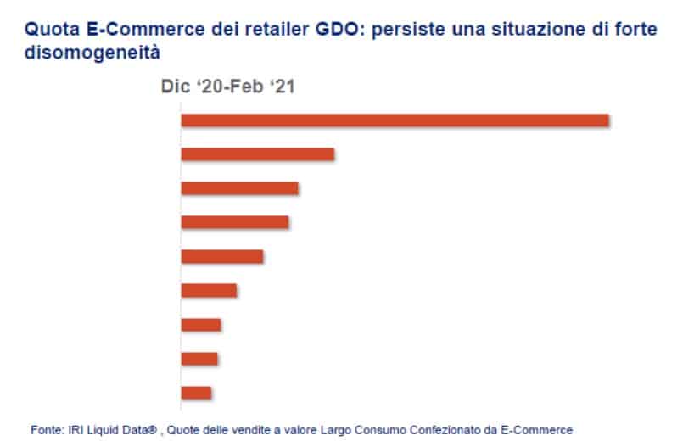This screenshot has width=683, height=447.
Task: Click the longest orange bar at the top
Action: click(395, 120)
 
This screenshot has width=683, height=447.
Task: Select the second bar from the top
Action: click(258, 154)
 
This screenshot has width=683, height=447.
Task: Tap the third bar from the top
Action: click(239, 188)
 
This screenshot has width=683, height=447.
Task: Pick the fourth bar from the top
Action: click(235, 222)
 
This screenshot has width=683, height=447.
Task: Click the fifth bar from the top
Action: click(222, 256)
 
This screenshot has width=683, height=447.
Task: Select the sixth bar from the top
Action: click(209, 290)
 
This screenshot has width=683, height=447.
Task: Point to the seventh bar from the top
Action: click(201, 325)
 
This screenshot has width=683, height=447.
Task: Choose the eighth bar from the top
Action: click(199, 359)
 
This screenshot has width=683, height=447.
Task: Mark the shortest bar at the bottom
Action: click(196, 393)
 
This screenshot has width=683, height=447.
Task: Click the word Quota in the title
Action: click(48, 30)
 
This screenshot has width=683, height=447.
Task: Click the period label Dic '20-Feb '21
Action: click(227, 87)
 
